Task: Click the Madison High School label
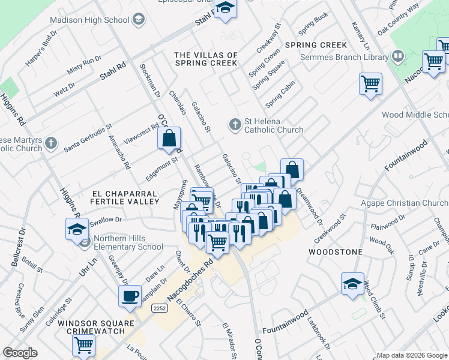(x=89, y=20)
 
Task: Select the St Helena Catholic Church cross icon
(x=235, y=125)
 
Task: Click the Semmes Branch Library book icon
(x=397, y=57)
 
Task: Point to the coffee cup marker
(x=130, y=296)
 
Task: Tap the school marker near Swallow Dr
(x=77, y=229)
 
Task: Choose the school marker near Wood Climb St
(x=352, y=284)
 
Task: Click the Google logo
(x=20, y=353)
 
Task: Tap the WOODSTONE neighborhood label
(x=334, y=253)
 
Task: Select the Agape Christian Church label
(x=404, y=203)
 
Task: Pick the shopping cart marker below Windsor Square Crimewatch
(x=83, y=344)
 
